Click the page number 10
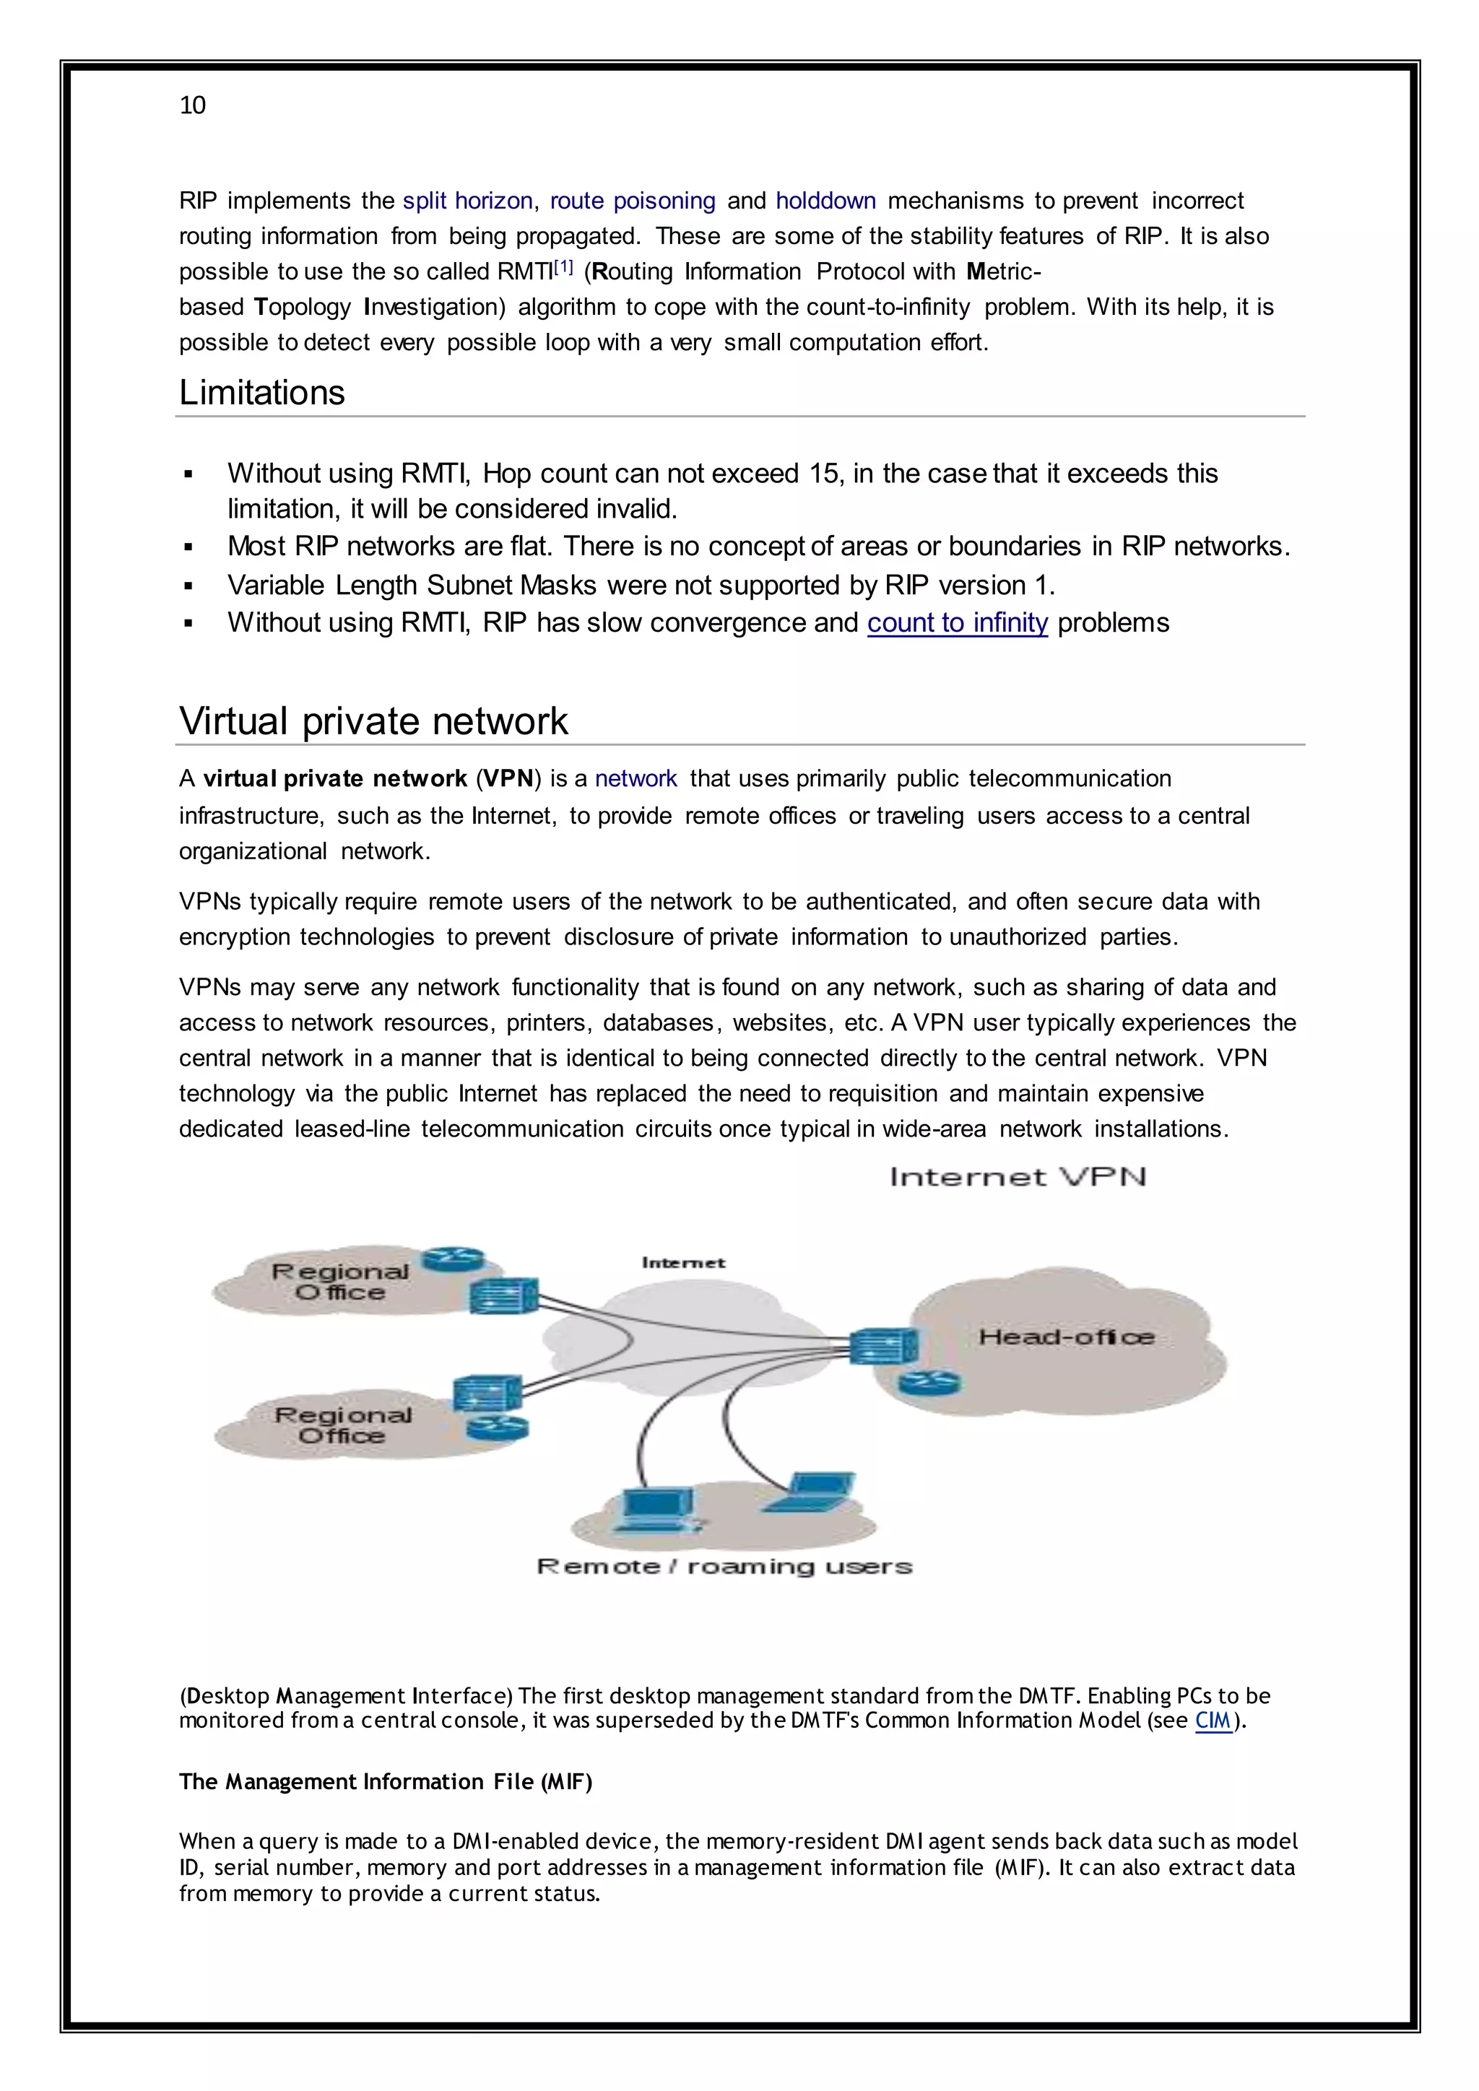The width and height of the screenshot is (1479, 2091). click(192, 105)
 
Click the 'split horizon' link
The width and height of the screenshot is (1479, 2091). click(467, 201)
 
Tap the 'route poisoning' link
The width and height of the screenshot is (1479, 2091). click(632, 201)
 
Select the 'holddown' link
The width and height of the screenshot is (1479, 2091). click(825, 201)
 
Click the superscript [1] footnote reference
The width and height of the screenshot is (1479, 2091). click(564, 268)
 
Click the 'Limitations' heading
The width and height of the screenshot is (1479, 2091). click(261, 393)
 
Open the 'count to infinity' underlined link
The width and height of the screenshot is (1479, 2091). click(957, 623)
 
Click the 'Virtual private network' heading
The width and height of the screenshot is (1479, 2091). click(373, 721)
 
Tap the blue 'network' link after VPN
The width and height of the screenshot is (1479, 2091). click(636, 778)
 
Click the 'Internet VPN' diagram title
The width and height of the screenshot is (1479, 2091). click(1018, 1177)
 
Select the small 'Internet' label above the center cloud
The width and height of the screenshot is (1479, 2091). click(683, 1262)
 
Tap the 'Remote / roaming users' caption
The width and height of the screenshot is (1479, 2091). click(724, 1566)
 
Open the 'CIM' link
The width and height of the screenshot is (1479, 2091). click(1213, 1721)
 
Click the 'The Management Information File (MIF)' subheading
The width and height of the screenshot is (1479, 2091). click(385, 1781)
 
